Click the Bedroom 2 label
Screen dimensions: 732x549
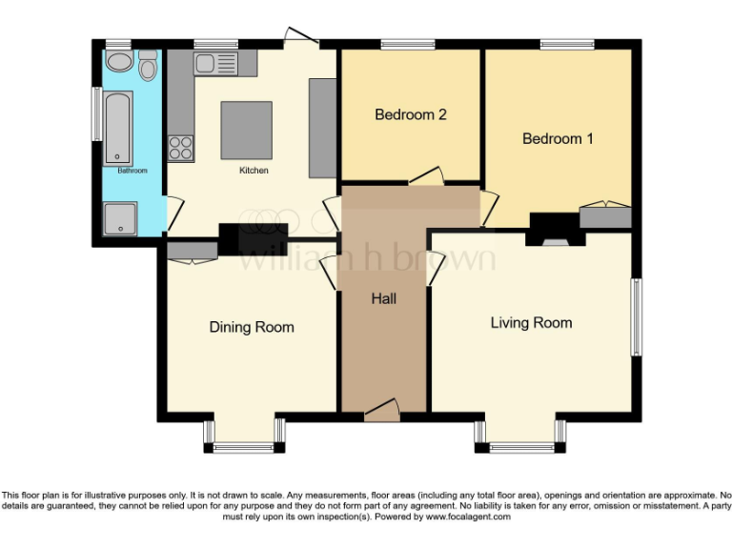pyautogui.click(x=411, y=114)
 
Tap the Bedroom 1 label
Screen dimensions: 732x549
pyautogui.click(x=558, y=138)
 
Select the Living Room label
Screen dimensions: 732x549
pyautogui.click(x=531, y=323)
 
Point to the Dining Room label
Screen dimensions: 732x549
pyautogui.click(x=252, y=327)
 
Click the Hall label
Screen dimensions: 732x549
pyautogui.click(x=384, y=298)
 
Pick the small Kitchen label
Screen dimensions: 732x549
pyautogui.click(x=254, y=171)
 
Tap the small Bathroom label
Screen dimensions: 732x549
pyautogui.click(x=132, y=171)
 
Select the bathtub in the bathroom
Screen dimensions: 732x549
pyautogui.click(x=117, y=129)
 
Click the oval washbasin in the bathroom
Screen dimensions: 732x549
pyautogui.click(x=119, y=62)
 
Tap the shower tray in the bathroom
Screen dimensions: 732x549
pyautogui.click(x=120, y=218)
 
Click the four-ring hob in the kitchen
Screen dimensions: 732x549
pyautogui.click(x=181, y=148)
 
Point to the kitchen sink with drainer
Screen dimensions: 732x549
pyautogui.click(x=215, y=64)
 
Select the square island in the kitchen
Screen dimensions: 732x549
pyautogui.click(x=247, y=131)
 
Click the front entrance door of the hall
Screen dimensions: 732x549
pyautogui.click(x=382, y=409)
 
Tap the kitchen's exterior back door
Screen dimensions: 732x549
pyautogui.click(x=301, y=38)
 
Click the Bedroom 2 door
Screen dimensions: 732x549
pyautogui.click(x=426, y=176)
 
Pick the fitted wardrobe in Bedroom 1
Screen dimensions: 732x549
pyautogui.click(x=605, y=215)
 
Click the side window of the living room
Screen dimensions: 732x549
pyautogui.click(x=637, y=317)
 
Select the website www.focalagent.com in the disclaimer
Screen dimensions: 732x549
pyautogui.click(x=468, y=517)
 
